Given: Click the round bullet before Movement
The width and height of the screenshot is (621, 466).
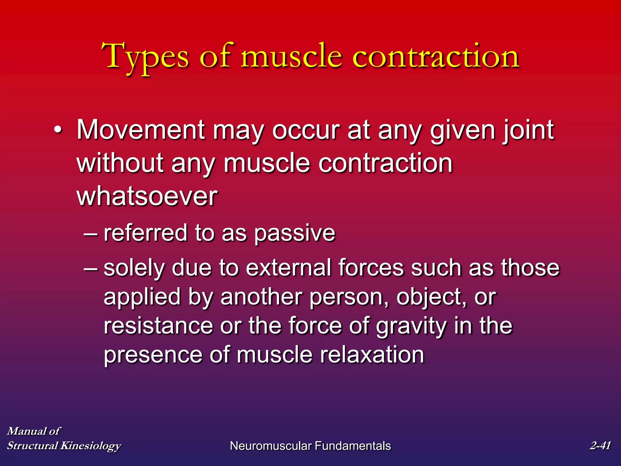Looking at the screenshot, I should click(58, 130).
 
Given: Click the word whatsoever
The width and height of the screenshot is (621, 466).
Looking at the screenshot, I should click(147, 196).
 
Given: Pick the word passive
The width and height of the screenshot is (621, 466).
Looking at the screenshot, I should click(294, 233).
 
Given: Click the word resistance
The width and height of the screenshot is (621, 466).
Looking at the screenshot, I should click(158, 326).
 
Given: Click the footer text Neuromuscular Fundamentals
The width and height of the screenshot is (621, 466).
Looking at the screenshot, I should click(310, 446).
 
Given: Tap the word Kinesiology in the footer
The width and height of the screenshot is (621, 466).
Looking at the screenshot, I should click(91, 446).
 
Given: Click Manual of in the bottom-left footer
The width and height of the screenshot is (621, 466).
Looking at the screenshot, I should click(34, 431).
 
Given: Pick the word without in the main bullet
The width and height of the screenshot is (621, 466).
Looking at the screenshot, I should click(120, 163).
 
